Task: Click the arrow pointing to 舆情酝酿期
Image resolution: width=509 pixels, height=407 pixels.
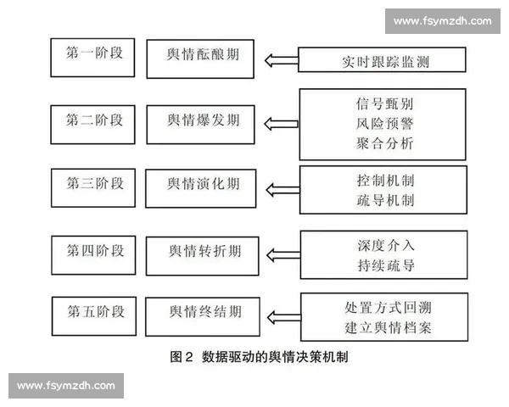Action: pyautogui.click(x=280, y=59)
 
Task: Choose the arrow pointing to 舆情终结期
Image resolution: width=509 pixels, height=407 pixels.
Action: pyautogui.click(x=280, y=318)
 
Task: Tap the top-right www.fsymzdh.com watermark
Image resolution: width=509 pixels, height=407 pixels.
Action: pyautogui.click(x=443, y=20)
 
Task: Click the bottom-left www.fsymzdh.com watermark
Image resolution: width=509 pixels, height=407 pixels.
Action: pyautogui.click(x=66, y=386)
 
